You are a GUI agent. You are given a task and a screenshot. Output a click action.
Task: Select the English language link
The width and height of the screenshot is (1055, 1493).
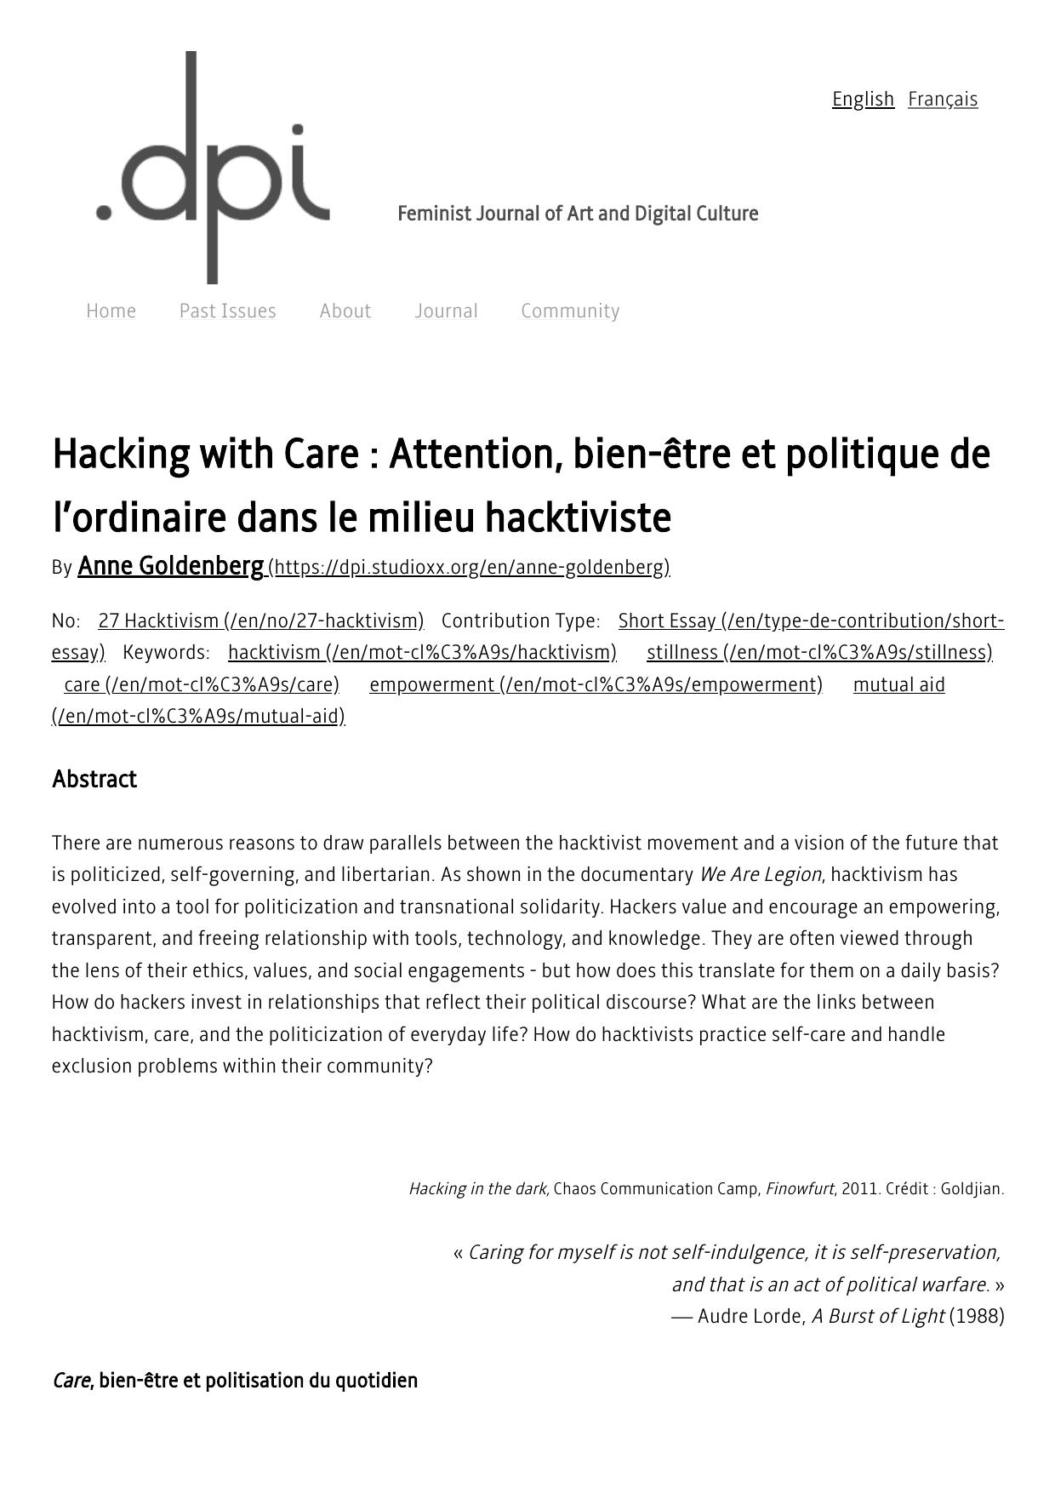(x=863, y=100)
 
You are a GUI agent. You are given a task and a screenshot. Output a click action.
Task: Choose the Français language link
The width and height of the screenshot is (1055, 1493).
(x=943, y=100)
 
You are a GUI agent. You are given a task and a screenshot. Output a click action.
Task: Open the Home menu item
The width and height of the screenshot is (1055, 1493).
(x=111, y=312)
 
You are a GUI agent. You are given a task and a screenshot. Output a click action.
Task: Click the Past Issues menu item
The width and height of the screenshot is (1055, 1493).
(x=227, y=312)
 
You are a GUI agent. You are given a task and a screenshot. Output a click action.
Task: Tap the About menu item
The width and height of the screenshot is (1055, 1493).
(x=345, y=312)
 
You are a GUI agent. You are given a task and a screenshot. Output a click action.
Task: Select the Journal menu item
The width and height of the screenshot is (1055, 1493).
(x=446, y=312)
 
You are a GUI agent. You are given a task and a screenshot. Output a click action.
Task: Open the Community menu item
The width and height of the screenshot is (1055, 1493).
(x=570, y=312)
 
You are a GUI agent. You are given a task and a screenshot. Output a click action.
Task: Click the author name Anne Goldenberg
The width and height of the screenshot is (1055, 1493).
(x=170, y=566)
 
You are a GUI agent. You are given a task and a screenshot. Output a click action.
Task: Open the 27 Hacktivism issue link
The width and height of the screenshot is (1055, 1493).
(x=260, y=621)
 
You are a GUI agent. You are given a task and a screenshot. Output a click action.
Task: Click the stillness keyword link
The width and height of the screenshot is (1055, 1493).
(x=818, y=653)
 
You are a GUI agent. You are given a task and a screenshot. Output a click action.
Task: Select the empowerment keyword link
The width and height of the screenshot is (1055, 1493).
(x=596, y=685)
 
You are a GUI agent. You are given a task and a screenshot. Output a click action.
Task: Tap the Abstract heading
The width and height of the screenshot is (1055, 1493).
(x=94, y=780)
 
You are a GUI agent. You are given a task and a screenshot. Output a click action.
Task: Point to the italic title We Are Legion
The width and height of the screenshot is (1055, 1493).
(x=760, y=875)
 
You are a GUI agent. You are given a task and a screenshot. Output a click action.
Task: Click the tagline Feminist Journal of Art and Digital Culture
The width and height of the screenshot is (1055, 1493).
(x=578, y=214)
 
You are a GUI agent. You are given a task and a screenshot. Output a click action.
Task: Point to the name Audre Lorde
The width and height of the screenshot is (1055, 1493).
(x=750, y=1317)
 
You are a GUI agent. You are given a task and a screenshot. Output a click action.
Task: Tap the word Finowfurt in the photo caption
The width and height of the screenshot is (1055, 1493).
(x=799, y=1189)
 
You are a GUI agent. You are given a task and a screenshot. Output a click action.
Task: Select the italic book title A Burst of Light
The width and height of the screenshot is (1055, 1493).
(x=877, y=1317)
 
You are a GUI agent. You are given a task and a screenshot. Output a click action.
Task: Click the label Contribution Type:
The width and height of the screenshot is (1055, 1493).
(x=521, y=621)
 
